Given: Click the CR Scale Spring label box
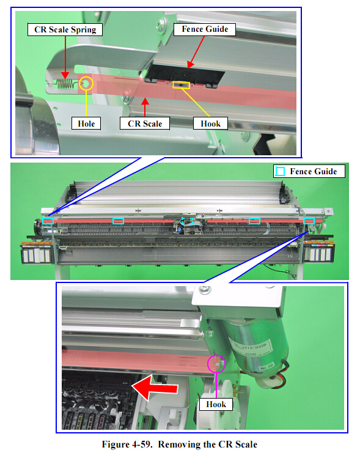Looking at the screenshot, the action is pos(65,29).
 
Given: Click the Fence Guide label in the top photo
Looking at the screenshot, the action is pos(205,29).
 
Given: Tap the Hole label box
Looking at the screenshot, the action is pos(86,123).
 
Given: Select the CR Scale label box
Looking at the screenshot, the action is pos(145,123).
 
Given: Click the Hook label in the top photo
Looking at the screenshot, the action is pos(210,123).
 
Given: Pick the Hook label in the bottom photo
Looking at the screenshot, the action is pos(216,404).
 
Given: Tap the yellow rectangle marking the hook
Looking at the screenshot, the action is pos(181,85).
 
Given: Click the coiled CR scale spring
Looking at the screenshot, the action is pos(64,84).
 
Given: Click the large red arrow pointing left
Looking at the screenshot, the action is pos(155,388).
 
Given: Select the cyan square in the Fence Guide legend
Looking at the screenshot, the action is pos(280,171).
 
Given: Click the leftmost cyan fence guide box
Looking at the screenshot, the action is pos(48,221).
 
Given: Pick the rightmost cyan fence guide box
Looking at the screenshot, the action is pos(309,221).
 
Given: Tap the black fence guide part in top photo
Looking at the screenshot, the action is pos(185,75).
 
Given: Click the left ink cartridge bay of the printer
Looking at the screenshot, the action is pos(36,254).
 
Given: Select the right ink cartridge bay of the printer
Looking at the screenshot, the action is pos(318,253).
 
